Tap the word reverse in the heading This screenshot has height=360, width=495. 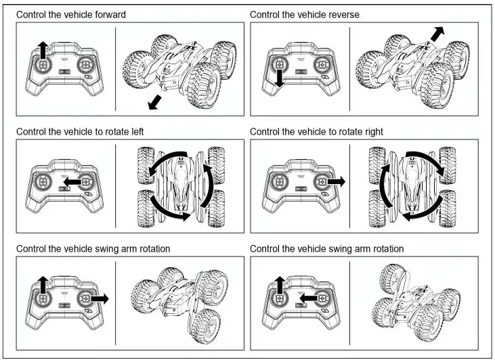pos(343,14)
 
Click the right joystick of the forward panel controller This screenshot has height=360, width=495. pos(87,66)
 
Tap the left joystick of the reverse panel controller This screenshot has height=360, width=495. pos(277,65)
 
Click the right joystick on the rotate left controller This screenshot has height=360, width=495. pos(87,182)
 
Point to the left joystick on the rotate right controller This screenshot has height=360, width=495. pos(277,182)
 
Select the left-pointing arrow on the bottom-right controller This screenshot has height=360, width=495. pos(308,298)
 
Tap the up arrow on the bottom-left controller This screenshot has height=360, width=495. pos(42,285)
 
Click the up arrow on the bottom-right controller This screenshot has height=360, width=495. pos(277,285)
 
